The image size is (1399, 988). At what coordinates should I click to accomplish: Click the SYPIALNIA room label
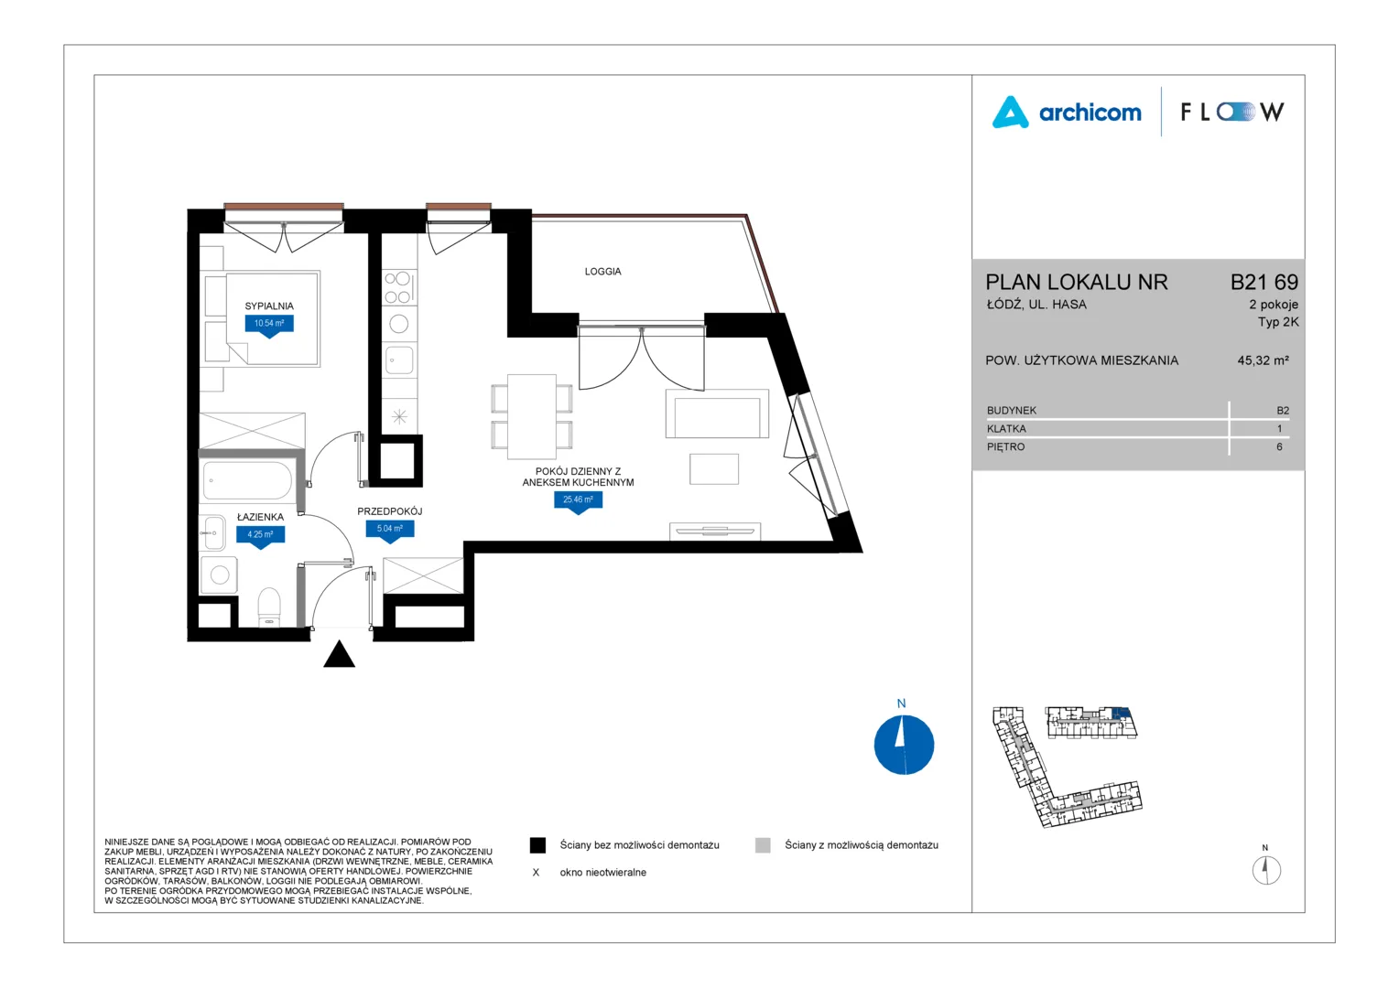268,306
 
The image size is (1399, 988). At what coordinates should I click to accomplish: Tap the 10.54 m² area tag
269,324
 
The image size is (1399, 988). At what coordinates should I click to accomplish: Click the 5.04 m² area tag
390,530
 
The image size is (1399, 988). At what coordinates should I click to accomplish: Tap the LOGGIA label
602,272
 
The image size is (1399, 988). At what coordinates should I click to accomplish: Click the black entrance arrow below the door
339,655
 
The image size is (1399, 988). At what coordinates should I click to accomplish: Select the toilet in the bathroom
269,606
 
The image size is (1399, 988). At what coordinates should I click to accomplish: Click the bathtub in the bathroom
246,480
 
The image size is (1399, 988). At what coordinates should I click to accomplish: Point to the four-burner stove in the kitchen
398,288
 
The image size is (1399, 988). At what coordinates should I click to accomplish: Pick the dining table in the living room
532,416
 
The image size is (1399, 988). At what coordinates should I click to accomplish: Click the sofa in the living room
717,413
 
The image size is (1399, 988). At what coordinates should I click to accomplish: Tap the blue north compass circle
904,745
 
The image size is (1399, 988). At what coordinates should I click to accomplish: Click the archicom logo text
1090,113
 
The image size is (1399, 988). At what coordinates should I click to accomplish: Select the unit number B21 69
1264,282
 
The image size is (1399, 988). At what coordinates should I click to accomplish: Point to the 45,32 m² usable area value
1263,360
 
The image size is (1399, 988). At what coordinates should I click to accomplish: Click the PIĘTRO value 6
1279,446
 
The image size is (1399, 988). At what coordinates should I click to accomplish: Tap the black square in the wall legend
537,845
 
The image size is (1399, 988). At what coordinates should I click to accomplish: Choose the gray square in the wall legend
763,845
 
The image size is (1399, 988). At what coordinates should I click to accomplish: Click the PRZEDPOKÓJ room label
390,511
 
